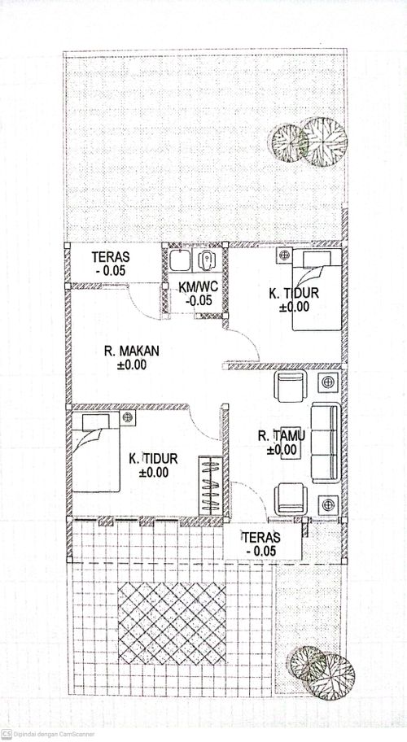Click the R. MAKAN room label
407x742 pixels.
click(132, 351)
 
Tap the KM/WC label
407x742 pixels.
click(199, 286)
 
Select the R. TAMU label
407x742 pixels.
click(282, 435)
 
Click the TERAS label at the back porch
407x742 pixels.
click(111, 257)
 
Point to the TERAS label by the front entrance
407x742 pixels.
click(261, 537)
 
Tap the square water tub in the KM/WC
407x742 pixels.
click(180, 260)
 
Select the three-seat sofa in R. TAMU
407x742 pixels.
click(326, 443)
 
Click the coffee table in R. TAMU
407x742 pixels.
click(289, 448)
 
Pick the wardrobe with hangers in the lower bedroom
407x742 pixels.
click(211, 486)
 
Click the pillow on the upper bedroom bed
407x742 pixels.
click(317, 260)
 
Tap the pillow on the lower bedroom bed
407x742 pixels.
click(96, 422)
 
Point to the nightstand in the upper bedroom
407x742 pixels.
click(284, 255)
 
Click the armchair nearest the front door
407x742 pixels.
click(291, 499)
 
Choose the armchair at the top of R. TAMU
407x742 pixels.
click(291, 386)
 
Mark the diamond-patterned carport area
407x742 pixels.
click(172, 622)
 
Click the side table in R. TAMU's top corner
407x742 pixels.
click(328, 382)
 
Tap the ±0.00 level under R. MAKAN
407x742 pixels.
click(132, 364)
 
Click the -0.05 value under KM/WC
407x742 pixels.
click(199, 300)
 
